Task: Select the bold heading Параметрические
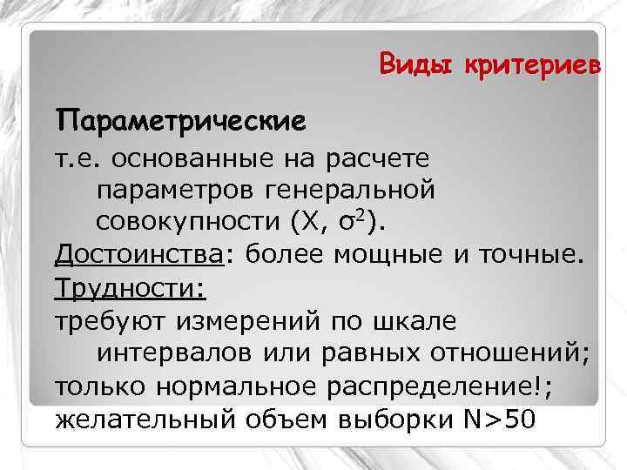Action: click(x=181, y=118)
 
